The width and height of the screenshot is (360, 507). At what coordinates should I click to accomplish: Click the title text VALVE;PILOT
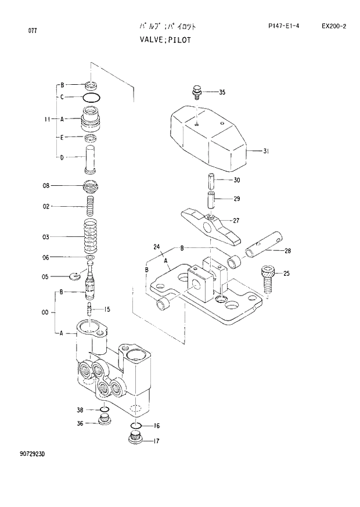tap(164, 40)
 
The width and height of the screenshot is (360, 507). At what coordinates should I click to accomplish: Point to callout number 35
tap(222, 92)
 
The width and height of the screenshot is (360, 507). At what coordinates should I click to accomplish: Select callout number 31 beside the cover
tap(266, 152)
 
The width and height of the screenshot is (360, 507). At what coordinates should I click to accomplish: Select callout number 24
tap(156, 247)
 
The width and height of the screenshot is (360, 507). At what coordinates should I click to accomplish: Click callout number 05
tap(45, 277)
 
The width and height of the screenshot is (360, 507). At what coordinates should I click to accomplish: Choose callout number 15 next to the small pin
tap(107, 308)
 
